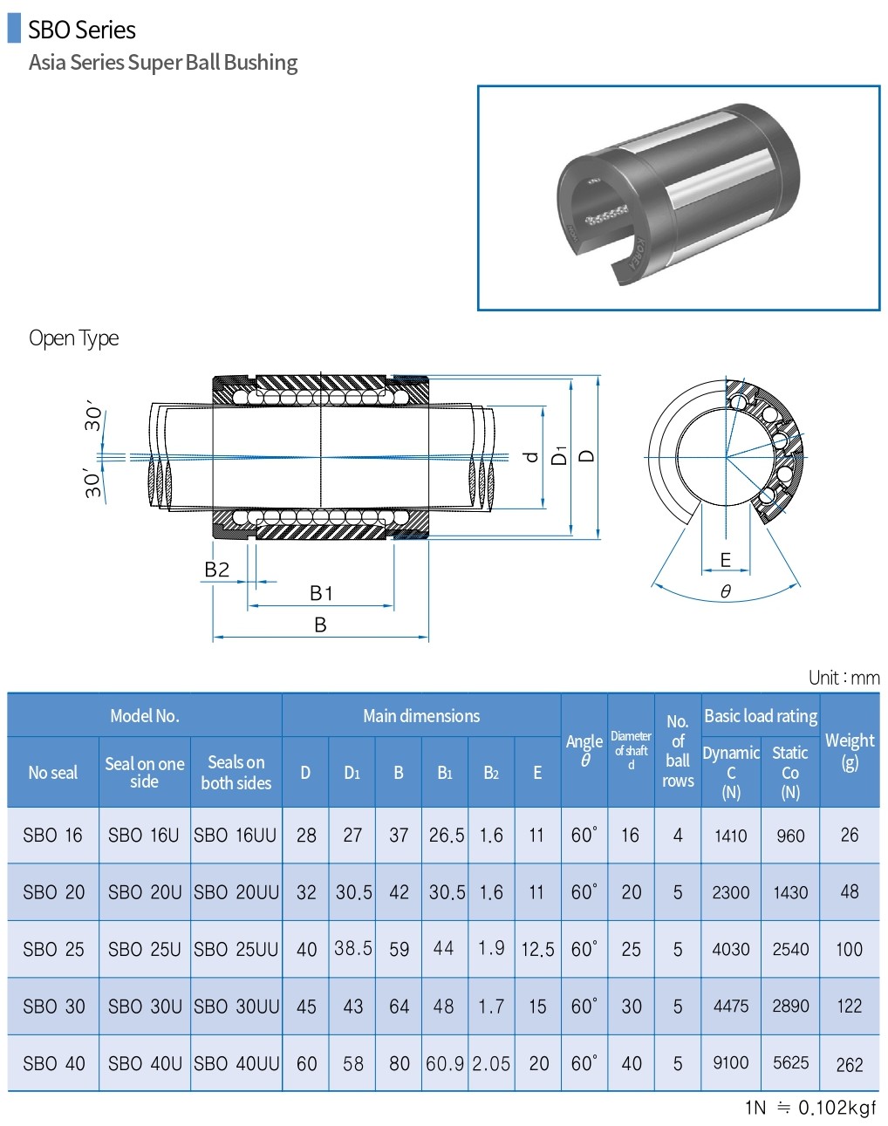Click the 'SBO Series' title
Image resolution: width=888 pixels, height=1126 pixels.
point(81,30)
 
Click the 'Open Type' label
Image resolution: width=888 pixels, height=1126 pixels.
point(73,338)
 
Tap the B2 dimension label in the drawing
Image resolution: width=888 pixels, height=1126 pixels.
point(216,570)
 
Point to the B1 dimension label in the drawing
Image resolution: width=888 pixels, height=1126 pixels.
point(321,593)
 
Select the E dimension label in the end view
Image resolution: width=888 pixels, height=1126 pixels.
point(725,560)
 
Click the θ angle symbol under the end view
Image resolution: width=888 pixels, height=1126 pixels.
point(726,591)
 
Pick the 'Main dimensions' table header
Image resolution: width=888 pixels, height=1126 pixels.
point(421,716)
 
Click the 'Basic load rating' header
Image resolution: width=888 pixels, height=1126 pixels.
point(761,716)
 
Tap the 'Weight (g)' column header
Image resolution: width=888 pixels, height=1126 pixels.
point(850,750)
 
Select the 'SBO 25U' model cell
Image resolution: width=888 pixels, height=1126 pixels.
point(145,949)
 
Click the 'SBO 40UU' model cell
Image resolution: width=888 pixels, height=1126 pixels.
point(236,1063)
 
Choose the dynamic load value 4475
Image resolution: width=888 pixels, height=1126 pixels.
point(731,1006)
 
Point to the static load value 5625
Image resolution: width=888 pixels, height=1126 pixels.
point(790,1062)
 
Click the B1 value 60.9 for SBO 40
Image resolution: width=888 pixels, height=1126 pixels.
point(445,1063)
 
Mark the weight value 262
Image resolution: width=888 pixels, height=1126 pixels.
point(850,1064)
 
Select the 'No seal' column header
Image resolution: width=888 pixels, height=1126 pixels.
point(52,773)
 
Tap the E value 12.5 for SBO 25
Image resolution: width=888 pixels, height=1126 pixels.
point(537,949)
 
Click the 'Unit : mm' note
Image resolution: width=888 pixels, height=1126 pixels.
point(844,678)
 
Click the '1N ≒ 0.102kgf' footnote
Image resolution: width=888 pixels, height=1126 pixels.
point(810,1108)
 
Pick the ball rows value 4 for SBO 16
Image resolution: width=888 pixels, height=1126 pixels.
point(678,835)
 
